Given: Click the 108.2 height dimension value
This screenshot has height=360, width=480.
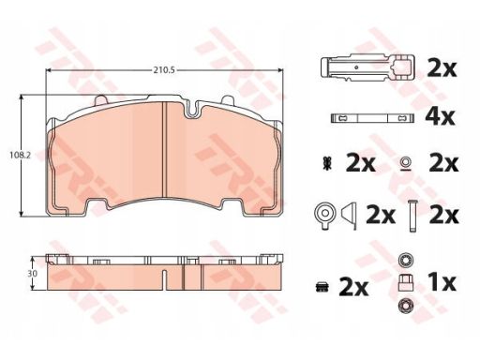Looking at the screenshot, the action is pyautogui.click(x=20, y=155).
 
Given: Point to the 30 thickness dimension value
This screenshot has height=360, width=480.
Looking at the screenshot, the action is pyautogui.click(x=33, y=274).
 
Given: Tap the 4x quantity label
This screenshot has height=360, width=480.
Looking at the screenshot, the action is pyautogui.click(x=440, y=117).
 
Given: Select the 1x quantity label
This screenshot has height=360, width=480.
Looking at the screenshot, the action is pyautogui.click(x=442, y=282).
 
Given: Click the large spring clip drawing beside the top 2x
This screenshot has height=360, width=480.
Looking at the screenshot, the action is pyautogui.click(x=367, y=67).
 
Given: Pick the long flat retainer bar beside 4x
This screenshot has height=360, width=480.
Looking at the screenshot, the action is pyautogui.click(x=372, y=118).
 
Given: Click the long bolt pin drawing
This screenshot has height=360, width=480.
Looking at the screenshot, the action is pyautogui.click(x=412, y=217).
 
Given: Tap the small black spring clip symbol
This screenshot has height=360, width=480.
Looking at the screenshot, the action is pyautogui.click(x=327, y=164).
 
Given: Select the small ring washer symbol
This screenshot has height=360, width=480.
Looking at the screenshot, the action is pyautogui.click(x=406, y=164).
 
